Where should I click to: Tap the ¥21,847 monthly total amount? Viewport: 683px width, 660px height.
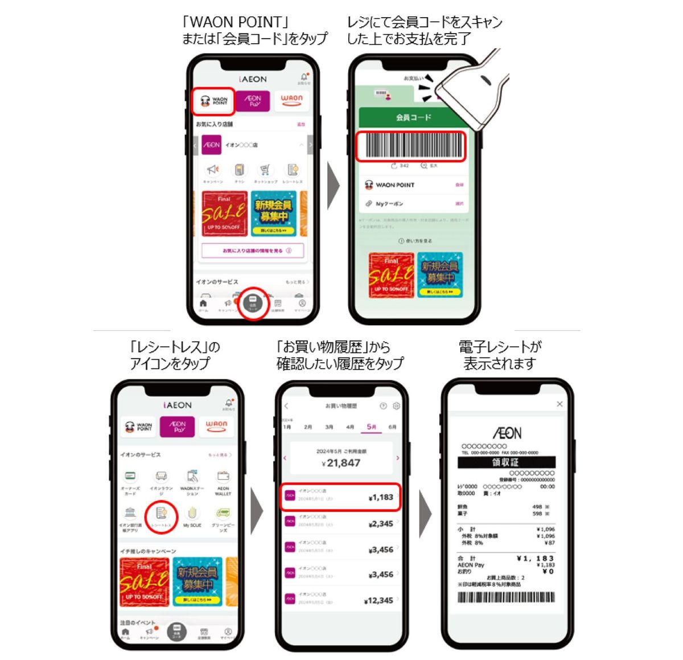pyautogui.click(x=341, y=462)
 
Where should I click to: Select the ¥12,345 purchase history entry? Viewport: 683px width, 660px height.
pyautogui.click(x=341, y=600)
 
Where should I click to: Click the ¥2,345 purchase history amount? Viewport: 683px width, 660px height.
pyautogui.click(x=380, y=524)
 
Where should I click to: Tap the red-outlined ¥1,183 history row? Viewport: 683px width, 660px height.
pyautogui.click(x=340, y=497)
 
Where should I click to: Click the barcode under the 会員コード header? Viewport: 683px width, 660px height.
pyautogui.click(x=411, y=146)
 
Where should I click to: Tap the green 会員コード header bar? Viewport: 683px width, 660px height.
pyautogui.click(x=414, y=117)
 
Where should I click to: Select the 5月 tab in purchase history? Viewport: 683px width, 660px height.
pyautogui.click(x=371, y=427)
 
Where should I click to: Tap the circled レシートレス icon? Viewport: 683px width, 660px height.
pyautogui.click(x=161, y=516)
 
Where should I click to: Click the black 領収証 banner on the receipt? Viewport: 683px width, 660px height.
pyautogui.click(x=506, y=462)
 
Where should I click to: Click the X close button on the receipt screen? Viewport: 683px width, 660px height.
pyautogui.click(x=559, y=404)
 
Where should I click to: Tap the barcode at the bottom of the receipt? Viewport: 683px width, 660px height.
pyautogui.click(x=506, y=597)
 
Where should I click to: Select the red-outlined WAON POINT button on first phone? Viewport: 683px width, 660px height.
pyautogui.click(x=213, y=101)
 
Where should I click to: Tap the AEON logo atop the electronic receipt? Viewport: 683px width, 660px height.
pyautogui.click(x=507, y=433)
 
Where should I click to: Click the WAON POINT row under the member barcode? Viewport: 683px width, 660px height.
pyautogui.click(x=414, y=185)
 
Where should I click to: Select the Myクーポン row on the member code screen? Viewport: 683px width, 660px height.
pyautogui.click(x=414, y=203)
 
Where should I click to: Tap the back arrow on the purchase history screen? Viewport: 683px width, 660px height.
pyautogui.click(x=286, y=406)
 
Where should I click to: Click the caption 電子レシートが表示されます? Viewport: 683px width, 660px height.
pyautogui.click(x=500, y=355)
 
